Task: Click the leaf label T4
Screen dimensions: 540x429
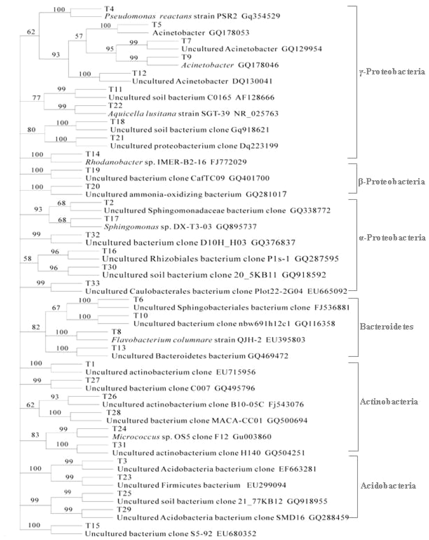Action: point(109,9)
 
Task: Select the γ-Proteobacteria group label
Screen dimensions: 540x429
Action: point(392,72)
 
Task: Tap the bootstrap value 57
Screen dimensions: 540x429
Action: point(79,36)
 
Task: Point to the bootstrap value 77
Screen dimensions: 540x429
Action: point(37,97)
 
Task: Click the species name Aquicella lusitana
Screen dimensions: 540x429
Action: point(142,114)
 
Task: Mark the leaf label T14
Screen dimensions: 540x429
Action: point(92,154)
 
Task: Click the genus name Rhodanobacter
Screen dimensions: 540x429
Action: point(114,162)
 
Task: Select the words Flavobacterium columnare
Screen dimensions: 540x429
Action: point(162,340)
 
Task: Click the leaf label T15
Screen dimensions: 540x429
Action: point(92,525)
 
